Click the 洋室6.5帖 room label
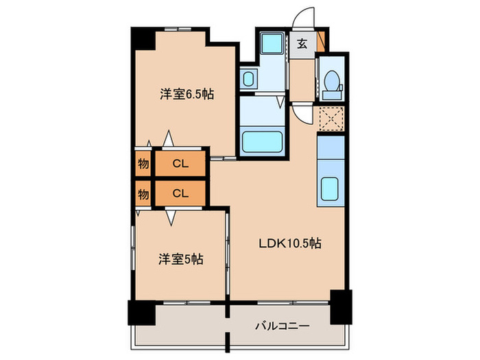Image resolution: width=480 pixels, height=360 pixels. click(x=187, y=95)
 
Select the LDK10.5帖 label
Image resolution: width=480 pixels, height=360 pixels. click(x=289, y=242)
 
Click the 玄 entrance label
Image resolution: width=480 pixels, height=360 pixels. click(x=302, y=44)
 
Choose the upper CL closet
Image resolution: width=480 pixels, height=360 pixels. click(x=180, y=163)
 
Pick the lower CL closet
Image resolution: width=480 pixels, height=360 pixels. click(x=180, y=193)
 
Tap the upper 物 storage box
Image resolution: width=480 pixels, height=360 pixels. click(x=143, y=163)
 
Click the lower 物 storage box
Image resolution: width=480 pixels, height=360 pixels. click(x=143, y=193)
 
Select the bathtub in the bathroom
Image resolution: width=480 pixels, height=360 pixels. click(x=264, y=141)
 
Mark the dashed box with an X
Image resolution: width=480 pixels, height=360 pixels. click(x=331, y=119)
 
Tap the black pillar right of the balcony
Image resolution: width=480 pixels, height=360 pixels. click(x=340, y=306)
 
